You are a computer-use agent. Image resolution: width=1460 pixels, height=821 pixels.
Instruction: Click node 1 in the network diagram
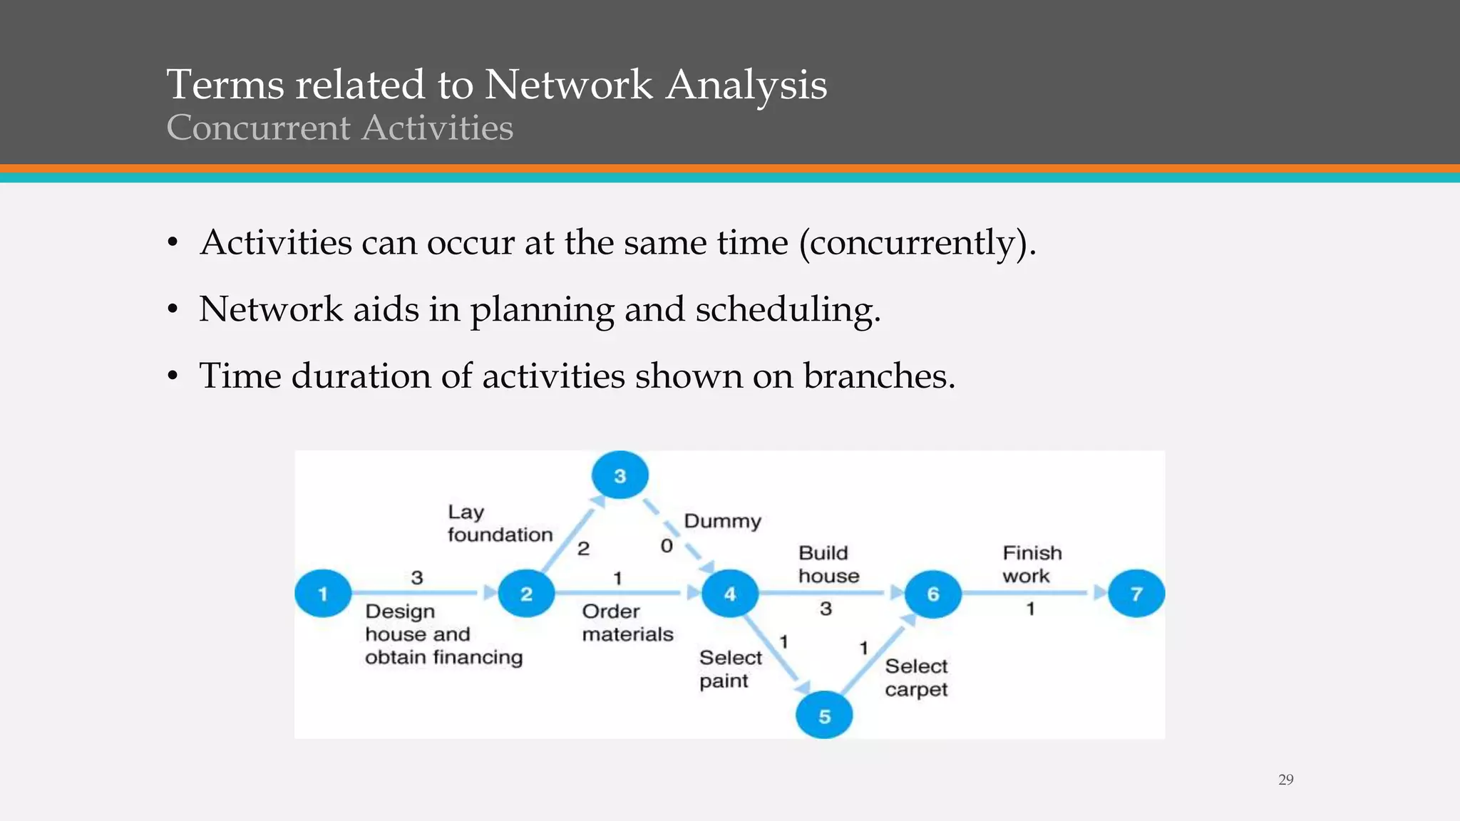pyautogui.click(x=323, y=593)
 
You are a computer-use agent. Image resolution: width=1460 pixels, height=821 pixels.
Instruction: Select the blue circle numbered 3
pyautogui.click(x=620, y=475)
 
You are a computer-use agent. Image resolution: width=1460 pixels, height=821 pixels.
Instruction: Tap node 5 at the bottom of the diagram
pyautogui.click(x=824, y=716)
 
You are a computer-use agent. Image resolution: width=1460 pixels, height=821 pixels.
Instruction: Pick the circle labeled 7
pyautogui.click(x=1136, y=593)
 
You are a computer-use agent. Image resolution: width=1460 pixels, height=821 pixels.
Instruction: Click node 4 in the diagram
pyautogui.click(x=729, y=593)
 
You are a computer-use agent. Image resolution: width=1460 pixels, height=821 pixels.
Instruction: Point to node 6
pyautogui.click(x=932, y=593)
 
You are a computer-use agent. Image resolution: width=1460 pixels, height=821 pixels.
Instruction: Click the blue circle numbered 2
pyautogui.click(x=526, y=593)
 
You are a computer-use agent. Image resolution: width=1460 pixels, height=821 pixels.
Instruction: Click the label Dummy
pyautogui.click(x=722, y=521)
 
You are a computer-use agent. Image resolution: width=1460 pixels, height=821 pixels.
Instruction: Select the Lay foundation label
pyautogui.click(x=499, y=523)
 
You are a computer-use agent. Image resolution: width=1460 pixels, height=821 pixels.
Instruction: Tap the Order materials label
pyautogui.click(x=627, y=622)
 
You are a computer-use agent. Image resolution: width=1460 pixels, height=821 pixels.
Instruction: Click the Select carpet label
pyautogui.click(x=916, y=677)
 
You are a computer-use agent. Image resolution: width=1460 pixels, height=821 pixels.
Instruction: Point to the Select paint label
pyautogui.click(x=730, y=668)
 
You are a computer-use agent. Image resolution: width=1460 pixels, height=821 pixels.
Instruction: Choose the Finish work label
pyautogui.click(x=1032, y=564)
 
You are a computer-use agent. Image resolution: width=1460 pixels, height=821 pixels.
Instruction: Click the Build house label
pyautogui.click(x=828, y=564)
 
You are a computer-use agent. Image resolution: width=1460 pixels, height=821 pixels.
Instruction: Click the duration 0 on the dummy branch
pyautogui.click(x=667, y=546)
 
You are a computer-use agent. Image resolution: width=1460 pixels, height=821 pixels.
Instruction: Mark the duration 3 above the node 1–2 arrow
pyautogui.click(x=417, y=577)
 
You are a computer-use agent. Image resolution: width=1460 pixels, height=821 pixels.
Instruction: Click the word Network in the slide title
pyautogui.click(x=568, y=84)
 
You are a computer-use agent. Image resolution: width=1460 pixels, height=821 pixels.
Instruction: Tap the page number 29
pyautogui.click(x=1285, y=780)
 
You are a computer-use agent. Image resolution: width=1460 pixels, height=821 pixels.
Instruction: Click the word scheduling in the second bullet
pyautogui.click(x=788, y=309)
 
